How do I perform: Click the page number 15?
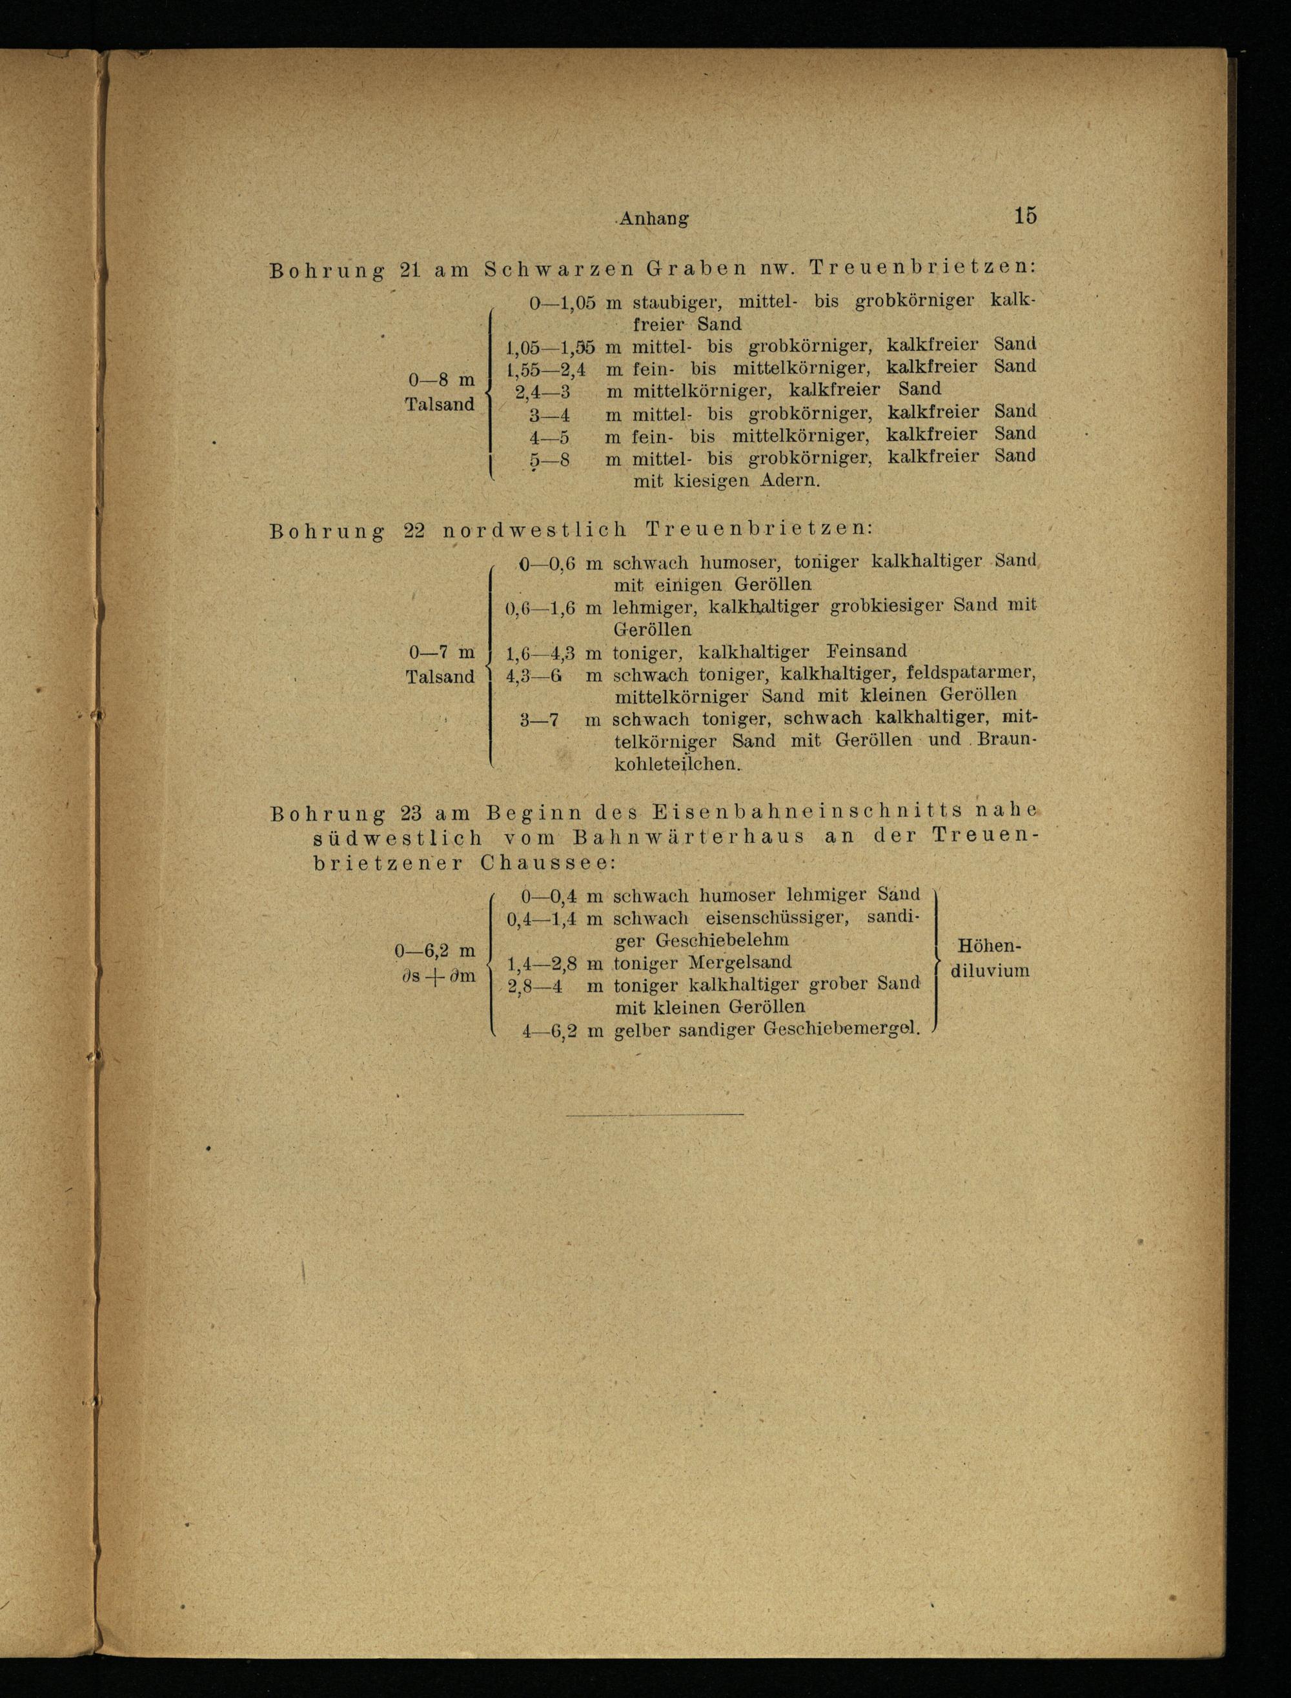(x=1025, y=216)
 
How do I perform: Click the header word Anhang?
(x=654, y=218)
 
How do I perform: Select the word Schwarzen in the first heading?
(x=560, y=270)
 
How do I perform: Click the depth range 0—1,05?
(x=562, y=303)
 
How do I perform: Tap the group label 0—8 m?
(x=441, y=380)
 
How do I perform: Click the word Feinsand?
(x=866, y=652)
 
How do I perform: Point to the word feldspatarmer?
(x=971, y=674)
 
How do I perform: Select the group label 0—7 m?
(x=441, y=653)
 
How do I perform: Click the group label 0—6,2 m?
(x=435, y=951)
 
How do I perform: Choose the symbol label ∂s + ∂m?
(x=437, y=976)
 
